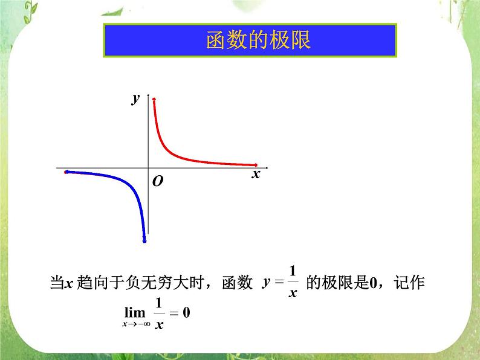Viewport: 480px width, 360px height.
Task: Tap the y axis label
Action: (x=136, y=98)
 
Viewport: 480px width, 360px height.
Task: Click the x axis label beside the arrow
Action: (x=256, y=175)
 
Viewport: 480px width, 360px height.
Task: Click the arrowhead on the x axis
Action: (x=265, y=167)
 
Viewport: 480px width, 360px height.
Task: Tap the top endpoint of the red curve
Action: (x=154, y=98)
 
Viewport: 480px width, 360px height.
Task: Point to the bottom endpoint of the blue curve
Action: (x=144, y=242)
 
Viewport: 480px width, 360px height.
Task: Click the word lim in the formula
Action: (x=135, y=313)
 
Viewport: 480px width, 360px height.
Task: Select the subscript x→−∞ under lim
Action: (x=134, y=324)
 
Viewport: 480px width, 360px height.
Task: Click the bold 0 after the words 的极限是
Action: (x=372, y=282)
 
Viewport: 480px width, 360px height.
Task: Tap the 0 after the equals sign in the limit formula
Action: (x=186, y=313)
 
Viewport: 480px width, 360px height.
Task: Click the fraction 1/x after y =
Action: (x=293, y=281)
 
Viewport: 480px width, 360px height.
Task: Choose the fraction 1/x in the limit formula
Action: (x=159, y=313)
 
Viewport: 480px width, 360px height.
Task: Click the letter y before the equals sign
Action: (x=266, y=282)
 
